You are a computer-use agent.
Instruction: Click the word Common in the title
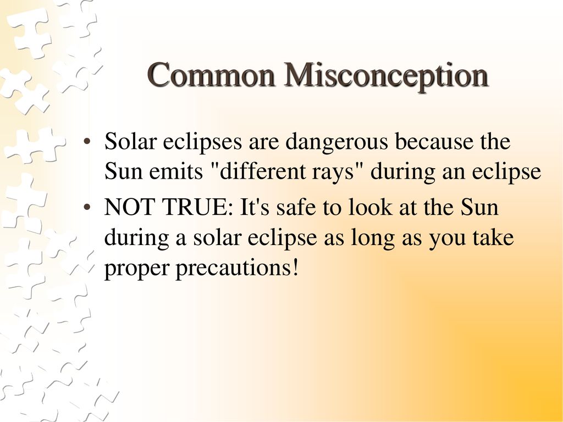(x=212, y=74)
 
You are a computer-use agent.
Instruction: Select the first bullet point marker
(x=86, y=142)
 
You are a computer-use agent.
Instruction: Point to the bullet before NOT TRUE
(x=86, y=208)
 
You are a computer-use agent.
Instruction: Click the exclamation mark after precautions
(x=295, y=267)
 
